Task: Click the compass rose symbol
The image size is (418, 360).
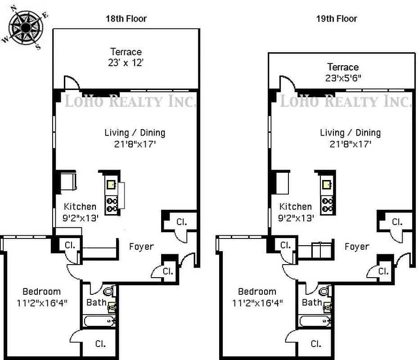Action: click(26, 28)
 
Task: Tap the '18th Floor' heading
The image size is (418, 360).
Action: click(126, 18)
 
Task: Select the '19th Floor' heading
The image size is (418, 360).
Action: click(337, 18)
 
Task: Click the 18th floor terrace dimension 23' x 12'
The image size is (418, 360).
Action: click(126, 63)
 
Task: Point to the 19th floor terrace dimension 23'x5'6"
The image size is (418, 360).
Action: click(343, 78)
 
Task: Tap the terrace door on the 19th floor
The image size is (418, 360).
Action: click(287, 83)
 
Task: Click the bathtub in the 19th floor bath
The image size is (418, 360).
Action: click(315, 321)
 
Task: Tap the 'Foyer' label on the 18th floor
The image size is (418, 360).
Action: click(141, 247)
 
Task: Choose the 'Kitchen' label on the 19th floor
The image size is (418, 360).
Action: click(296, 207)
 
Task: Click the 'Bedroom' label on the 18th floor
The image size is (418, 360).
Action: click(41, 292)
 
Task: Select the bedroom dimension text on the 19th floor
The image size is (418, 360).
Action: click(257, 303)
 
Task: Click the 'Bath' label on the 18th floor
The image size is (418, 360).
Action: click(96, 302)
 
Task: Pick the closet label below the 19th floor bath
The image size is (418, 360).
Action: click(316, 344)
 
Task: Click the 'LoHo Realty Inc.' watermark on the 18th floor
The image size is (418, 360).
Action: click(130, 101)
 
